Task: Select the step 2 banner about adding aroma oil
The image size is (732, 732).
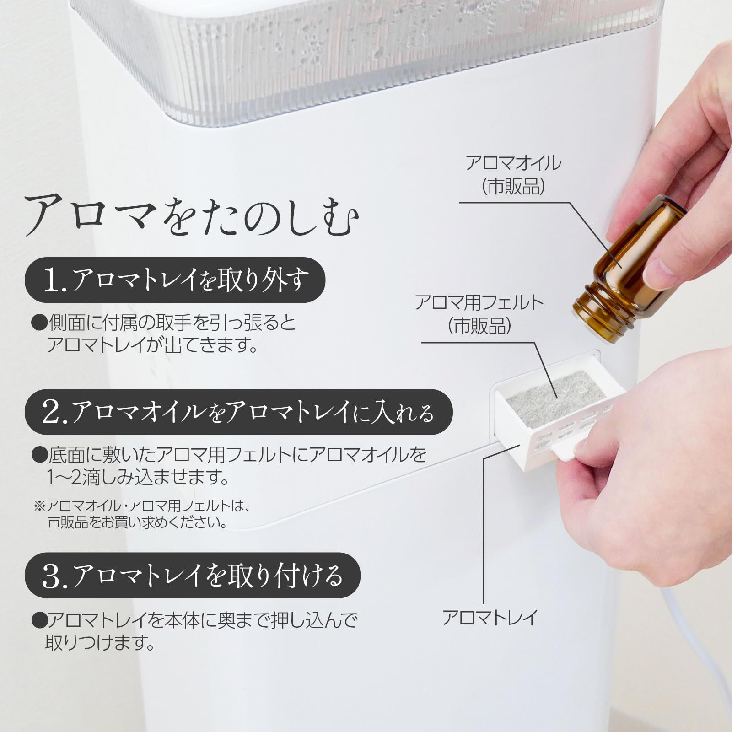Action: (x=238, y=412)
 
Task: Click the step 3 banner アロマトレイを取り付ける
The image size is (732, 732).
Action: (x=192, y=575)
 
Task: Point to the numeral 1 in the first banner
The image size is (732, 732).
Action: (x=52, y=281)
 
